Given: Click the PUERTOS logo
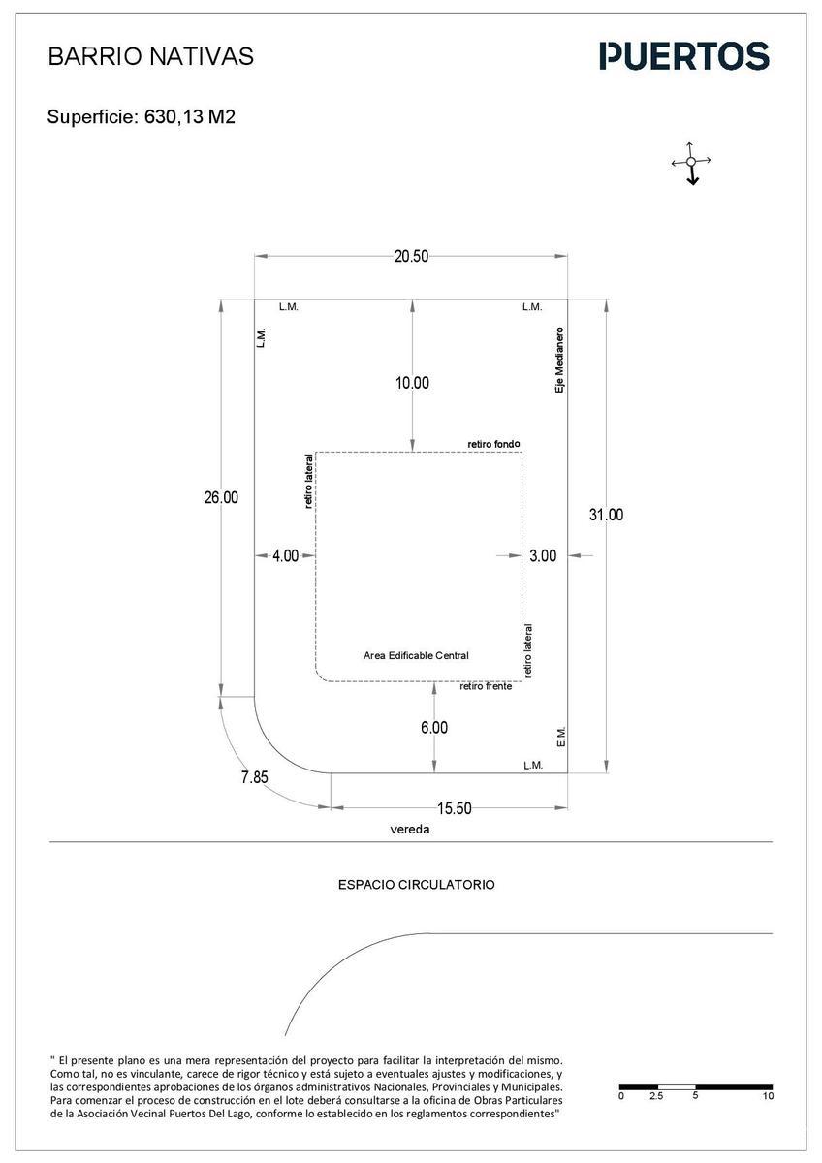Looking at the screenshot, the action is (x=684, y=56).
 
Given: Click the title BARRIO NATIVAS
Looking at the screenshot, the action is (x=150, y=56).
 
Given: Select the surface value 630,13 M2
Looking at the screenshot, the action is (x=190, y=117).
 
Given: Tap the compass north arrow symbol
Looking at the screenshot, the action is (x=691, y=163).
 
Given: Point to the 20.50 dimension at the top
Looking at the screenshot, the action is (x=411, y=256).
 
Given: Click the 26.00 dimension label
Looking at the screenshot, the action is (x=221, y=497).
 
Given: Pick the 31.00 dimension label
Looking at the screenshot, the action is (x=606, y=515).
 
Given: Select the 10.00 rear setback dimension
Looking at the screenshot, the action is (x=412, y=383).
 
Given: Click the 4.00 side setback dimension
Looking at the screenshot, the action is (x=286, y=555).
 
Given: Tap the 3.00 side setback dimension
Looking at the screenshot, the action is (x=543, y=555).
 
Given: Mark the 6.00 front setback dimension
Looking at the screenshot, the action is (x=434, y=727).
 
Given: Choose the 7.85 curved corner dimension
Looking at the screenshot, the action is (x=254, y=776).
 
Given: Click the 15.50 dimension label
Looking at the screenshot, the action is (x=455, y=808).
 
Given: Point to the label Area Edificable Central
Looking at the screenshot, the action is (x=416, y=655).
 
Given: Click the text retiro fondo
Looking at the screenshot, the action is (x=493, y=444).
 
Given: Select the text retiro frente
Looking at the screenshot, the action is (x=486, y=686).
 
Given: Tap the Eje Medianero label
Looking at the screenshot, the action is (x=559, y=360).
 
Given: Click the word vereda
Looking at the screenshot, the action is (x=410, y=829).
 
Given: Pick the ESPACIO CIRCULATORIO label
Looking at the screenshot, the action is (x=417, y=884).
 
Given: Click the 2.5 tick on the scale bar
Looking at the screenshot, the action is (x=656, y=1095).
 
